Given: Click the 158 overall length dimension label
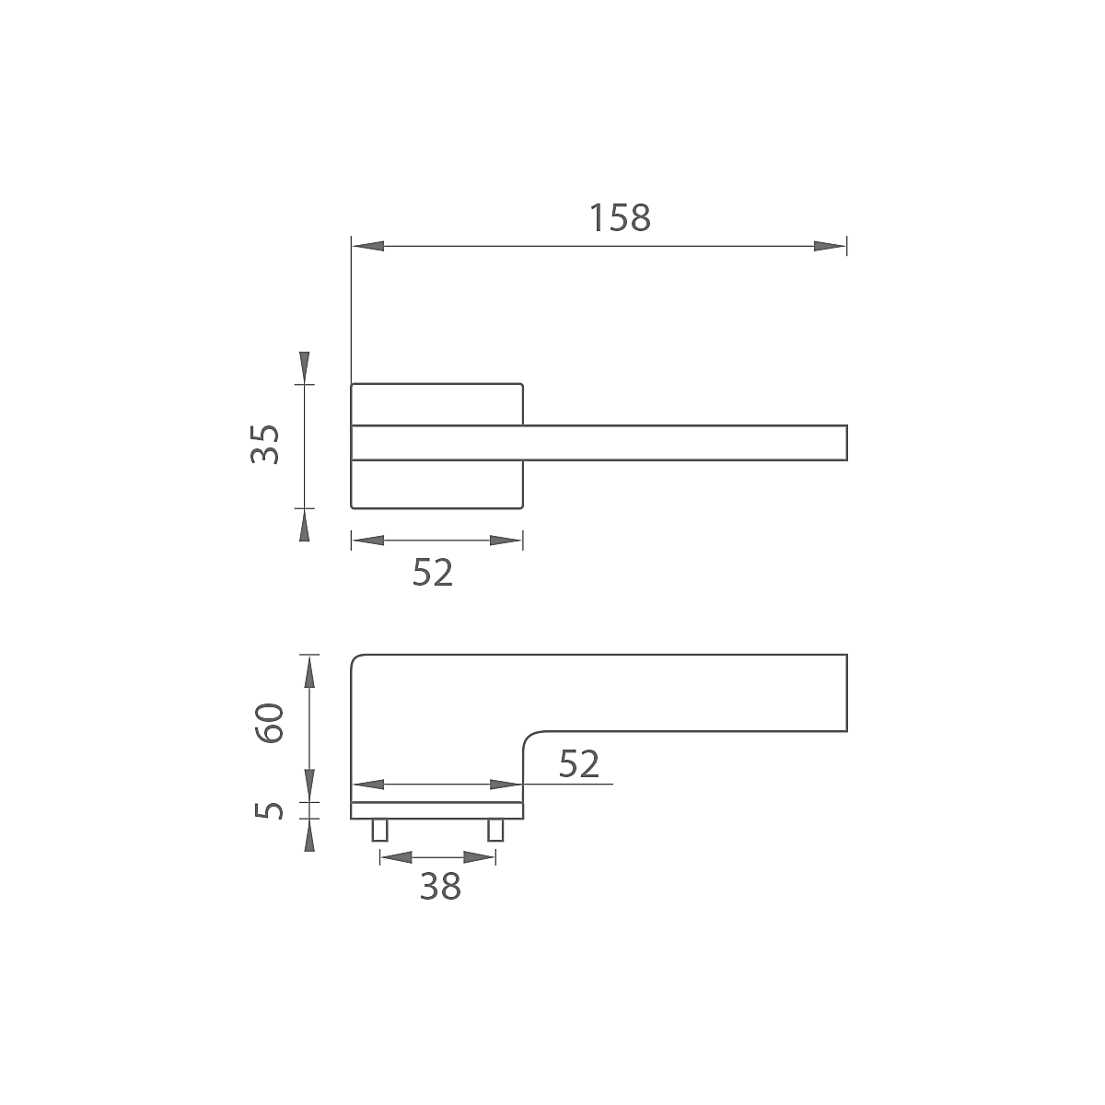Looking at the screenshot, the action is pyautogui.click(x=620, y=218).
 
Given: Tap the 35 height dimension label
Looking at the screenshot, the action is pyautogui.click(x=265, y=445).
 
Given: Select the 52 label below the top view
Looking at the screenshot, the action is pyautogui.click(x=433, y=572).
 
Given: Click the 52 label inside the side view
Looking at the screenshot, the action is pyautogui.click(x=579, y=763).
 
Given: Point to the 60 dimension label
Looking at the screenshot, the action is pyautogui.click(x=269, y=723).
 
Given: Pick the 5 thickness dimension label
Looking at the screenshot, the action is pyautogui.click(x=269, y=810).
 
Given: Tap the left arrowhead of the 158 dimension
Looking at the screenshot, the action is pyautogui.click(x=367, y=246).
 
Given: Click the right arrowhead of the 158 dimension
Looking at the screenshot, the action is pyautogui.click(x=831, y=246).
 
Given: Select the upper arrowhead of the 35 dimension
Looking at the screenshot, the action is pyautogui.click(x=305, y=367).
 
